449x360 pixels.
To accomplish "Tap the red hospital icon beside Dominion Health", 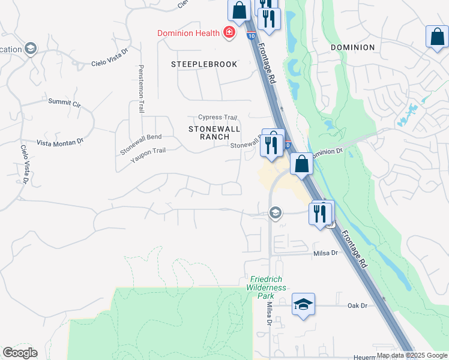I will [x=228, y=33].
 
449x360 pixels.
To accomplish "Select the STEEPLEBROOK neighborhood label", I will [x=204, y=64].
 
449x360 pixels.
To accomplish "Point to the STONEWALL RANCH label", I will [x=214, y=133].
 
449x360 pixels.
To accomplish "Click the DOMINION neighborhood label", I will [x=352, y=47].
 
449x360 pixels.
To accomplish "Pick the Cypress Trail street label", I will [x=218, y=118].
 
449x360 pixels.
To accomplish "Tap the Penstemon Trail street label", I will [x=142, y=89].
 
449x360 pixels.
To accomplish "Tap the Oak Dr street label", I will [x=357, y=305].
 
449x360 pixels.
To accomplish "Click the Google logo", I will [x=20, y=353].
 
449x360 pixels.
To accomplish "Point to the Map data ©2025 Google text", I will [x=412, y=355].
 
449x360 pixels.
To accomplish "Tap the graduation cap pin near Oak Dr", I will [x=304, y=304].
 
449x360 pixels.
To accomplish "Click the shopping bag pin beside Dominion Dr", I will [x=301, y=164].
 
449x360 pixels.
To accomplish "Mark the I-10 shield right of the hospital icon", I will [x=249, y=36].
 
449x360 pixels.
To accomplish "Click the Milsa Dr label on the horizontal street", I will [x=326, y=254].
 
